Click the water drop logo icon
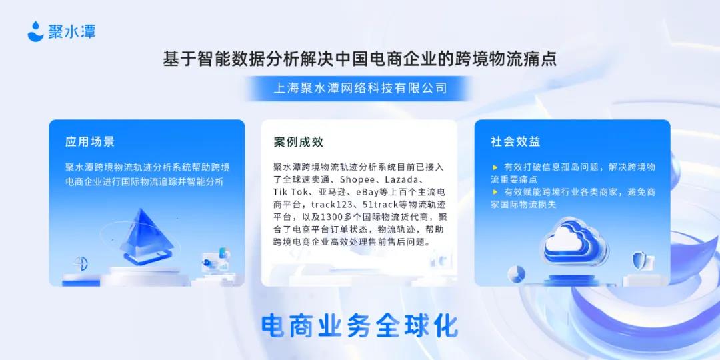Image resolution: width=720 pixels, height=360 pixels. pos(36,31)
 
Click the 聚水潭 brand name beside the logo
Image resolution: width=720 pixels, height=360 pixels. pos(71,32)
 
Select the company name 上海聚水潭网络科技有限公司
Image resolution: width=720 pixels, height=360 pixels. pos(359,88)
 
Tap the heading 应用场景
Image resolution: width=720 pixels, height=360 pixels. pos(89,141)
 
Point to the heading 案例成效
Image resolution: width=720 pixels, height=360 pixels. pos(299,142)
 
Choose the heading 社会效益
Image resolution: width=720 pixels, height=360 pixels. pos(515,141)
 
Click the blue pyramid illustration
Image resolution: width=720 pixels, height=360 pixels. pos(147,234)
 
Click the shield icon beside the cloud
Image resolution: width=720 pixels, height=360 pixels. pos(639,261)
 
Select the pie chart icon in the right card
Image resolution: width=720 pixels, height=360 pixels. pos(517,274)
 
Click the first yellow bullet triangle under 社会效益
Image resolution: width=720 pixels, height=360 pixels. pos(495,167)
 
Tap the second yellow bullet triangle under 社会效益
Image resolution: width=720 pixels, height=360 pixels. pos(495,192)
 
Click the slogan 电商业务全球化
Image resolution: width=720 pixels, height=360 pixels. pos(359,325)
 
